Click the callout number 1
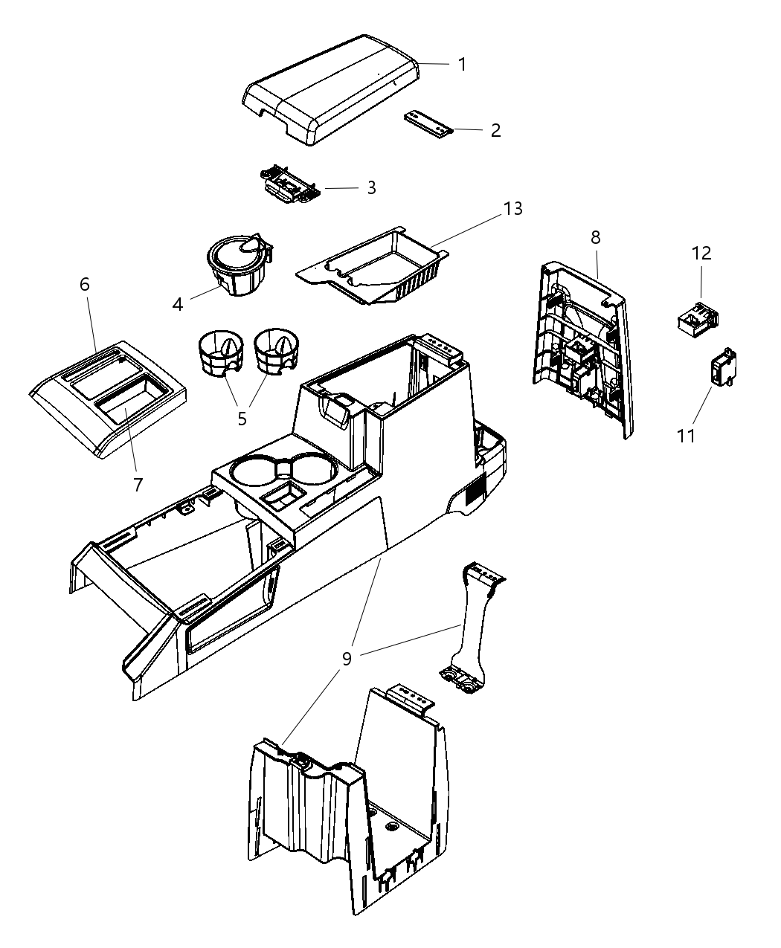pos(462,65)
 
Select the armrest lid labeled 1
pos(332,88)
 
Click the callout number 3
pos(371,188)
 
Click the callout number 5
pos(242,418)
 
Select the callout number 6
pos(85,284)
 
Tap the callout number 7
pos(138,485)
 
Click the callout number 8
pos(596,238)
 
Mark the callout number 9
pos(347,659)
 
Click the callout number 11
pos(686,435)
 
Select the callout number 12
pos(701,254)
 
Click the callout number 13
pos(513,209)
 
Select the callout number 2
pos(495,131)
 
